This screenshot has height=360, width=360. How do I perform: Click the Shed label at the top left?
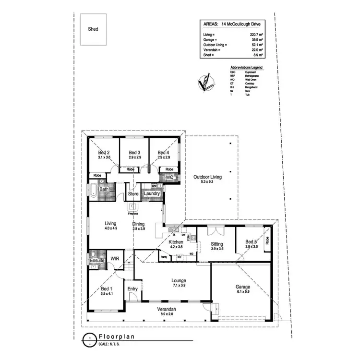[93, 29]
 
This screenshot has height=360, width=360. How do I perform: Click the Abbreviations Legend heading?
[246, 68]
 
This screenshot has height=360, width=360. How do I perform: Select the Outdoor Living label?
[207, 177]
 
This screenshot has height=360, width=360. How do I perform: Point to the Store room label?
[132, 194]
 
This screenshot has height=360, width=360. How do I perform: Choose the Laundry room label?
[152, 194]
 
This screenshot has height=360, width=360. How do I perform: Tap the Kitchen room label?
[175, 242]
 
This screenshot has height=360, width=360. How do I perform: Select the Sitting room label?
[217, 243]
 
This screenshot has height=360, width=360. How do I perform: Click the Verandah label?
[165, 310]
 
